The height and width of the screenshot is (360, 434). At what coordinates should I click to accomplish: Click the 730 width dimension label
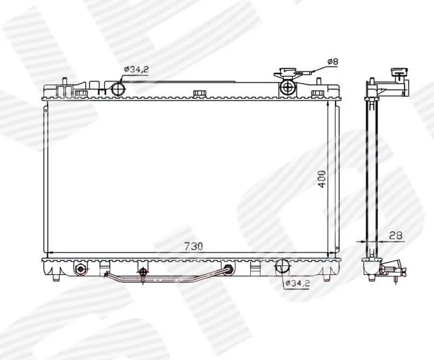194,246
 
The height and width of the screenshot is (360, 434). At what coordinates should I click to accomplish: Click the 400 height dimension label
322,179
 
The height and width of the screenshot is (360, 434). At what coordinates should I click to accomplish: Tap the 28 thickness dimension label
396,236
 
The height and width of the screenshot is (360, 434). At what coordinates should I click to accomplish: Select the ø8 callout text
333,61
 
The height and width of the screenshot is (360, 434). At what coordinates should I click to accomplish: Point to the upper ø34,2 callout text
136,69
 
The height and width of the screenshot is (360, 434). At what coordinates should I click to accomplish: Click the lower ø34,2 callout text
297,283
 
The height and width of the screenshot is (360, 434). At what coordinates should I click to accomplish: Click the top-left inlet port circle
118,88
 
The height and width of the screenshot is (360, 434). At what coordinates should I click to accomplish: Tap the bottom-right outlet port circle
282,265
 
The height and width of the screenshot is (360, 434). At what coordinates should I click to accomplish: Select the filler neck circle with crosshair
288,87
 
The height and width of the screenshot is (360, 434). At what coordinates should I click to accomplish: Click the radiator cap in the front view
288,73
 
